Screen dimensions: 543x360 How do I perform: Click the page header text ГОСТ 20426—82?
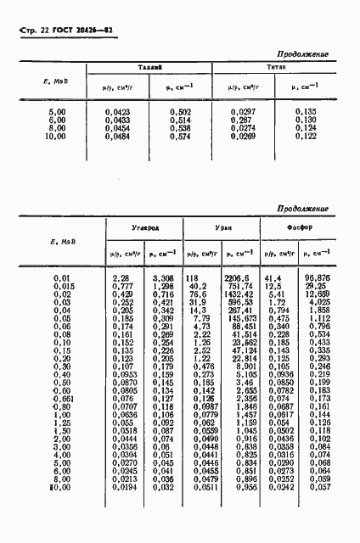[x=71, y=32]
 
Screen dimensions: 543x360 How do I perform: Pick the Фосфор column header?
[x=298, y=227]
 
